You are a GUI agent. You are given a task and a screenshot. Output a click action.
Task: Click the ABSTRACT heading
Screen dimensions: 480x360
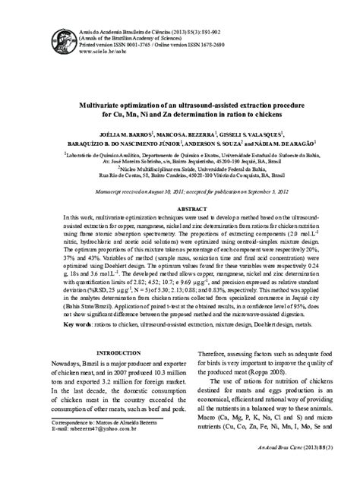(x=181, y=186)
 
